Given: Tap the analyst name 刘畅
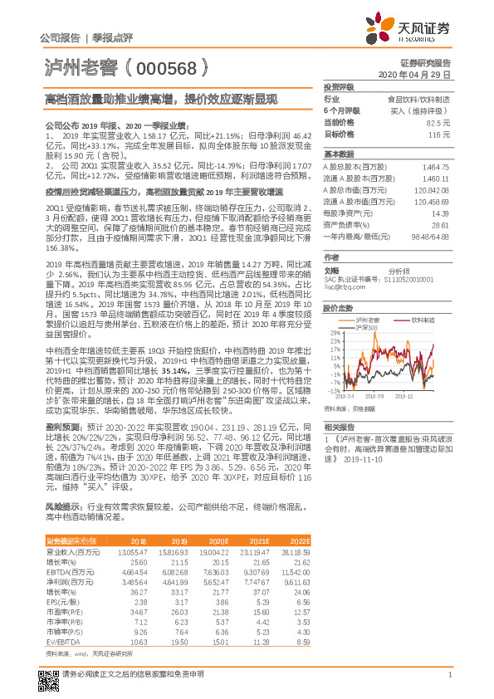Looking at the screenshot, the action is pyautogui.click(x=331, y=270).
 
